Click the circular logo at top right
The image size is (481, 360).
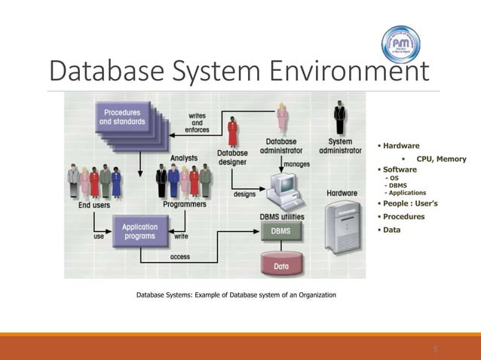click(x=401, y=43)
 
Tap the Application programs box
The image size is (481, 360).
click(x=140, y=231)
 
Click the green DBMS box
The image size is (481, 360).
click(x=280, y=232)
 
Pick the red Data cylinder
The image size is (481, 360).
click(x=280, y=264)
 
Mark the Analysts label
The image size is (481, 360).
click(x=185, y=159)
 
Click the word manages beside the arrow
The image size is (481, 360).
click(x=296, y=163)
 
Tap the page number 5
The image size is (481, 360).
click(x=435, y=349)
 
